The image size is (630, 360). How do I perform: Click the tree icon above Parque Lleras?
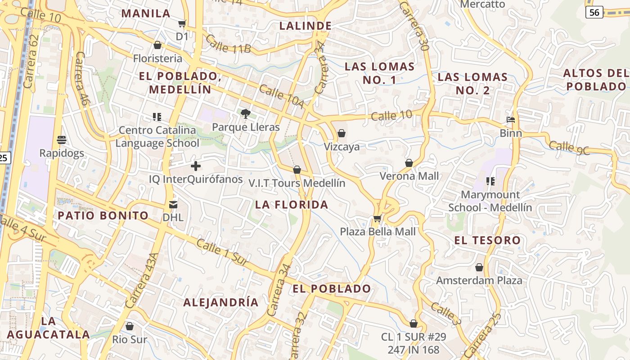[x=245, y=113]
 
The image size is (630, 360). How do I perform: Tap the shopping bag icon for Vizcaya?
[x=342, y=133]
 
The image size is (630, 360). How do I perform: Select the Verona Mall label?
[x=409, y=176]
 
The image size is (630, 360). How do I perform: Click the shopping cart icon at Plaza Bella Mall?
[x=377, y=219]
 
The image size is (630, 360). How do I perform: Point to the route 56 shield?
[x=594, y=12]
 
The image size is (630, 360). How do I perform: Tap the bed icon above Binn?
[x=511, y=120]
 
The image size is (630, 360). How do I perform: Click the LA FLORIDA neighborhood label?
[x=292, y=205]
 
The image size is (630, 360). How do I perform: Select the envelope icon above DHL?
[x=173, y=205]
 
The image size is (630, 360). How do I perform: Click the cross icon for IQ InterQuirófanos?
[x=196, y=166]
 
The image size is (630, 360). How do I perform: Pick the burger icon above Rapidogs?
[x=62, y=139]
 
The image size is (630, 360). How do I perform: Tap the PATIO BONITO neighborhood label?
[x=103, y=216]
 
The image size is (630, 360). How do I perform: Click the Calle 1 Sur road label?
[x=222, y=252]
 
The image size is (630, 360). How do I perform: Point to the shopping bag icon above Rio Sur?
[x=130, y=326]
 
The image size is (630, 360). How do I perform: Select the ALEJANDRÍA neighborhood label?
[x=221, y=302]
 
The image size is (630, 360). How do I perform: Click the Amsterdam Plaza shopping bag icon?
[x=479, y=267]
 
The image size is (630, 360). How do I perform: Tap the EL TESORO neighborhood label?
[x=487, y=240]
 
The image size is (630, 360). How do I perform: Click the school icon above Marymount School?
[x=490, y=181]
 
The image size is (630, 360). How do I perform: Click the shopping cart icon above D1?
[x=182, y=23]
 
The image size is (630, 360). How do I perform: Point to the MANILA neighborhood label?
[x=146, y=13]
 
